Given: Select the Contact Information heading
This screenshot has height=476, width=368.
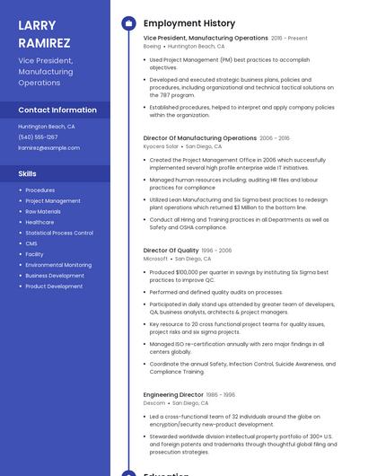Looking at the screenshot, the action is (x=57, y=110).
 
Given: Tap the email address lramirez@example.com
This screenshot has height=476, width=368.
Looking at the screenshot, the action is (x=48, y=147).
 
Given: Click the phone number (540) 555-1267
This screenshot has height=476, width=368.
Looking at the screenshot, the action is (x=38, y=137).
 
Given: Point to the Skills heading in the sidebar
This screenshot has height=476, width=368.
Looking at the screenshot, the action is (x=27, y=173).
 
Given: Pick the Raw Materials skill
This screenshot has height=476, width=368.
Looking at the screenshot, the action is (x=43, y=211).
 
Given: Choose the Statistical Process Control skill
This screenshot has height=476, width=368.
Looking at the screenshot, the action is (x=59, y=233).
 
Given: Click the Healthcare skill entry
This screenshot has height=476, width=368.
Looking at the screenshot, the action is (x=39, y=222).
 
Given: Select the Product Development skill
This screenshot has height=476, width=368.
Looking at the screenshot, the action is (x=54, y=286).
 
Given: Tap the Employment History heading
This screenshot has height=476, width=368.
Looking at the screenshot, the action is (x=189, y=23).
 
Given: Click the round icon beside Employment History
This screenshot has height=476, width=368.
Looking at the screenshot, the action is (x=128, y=23).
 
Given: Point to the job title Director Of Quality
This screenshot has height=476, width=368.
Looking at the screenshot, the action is (x=171, y=251).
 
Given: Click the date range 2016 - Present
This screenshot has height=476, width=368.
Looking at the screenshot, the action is (x=289, y=39).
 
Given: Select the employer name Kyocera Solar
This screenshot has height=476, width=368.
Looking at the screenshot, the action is (x=161, y=146).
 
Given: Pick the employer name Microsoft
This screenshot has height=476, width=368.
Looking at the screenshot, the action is (x=155, y=259).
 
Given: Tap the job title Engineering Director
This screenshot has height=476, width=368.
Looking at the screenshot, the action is (x=173, y=394).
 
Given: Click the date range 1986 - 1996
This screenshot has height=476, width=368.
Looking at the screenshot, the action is (x=221, y=395).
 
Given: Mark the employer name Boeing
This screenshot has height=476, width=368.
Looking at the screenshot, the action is (x=152, y=46).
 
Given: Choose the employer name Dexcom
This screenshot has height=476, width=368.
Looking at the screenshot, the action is (x=154, y=403).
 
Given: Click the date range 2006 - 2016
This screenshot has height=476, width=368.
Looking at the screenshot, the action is (x=275, y=138).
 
